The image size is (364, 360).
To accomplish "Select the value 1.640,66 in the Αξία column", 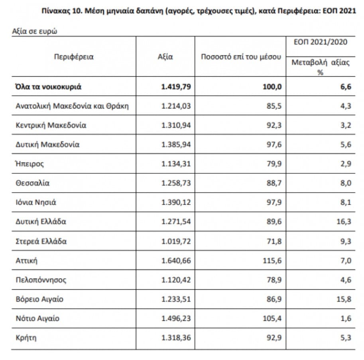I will click(x=177, y=260).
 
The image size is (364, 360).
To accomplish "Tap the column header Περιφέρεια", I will click(x=74, y=57).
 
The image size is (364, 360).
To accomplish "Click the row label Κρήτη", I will click(x=26, y=338).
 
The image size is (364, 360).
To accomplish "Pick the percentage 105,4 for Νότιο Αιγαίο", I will click(x=273, y=319).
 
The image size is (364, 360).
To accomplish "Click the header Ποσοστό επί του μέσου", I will click(x=240, y=57).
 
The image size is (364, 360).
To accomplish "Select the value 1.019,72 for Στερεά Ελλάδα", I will click(x=177, y=241).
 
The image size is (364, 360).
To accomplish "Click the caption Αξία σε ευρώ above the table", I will click(x=35, y=31).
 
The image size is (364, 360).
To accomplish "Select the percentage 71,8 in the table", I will click(x=275, y=241).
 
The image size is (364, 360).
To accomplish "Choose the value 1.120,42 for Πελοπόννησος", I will click(x=177, y=280).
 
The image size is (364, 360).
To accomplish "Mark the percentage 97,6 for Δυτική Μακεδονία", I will click(x=275, y=144).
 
